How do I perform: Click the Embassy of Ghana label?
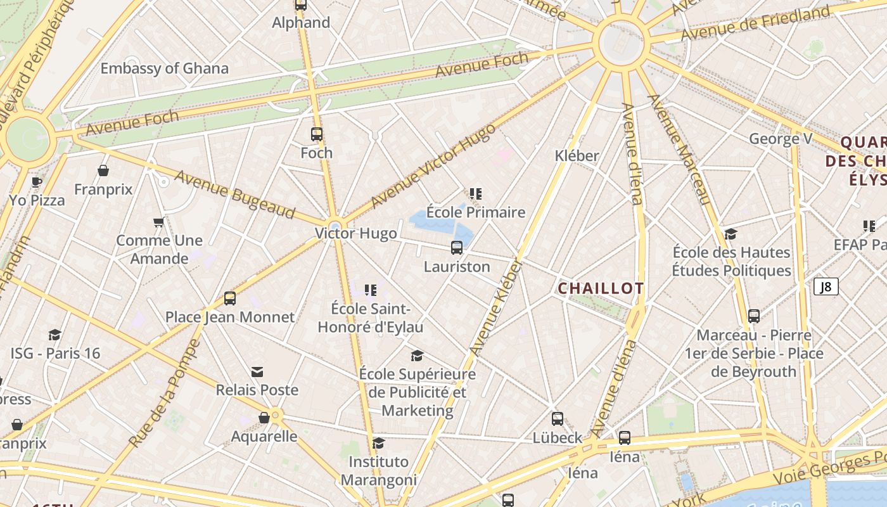(x=164, y=68)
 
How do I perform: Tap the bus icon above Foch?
(x=317, y=134)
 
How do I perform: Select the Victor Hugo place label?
(x=356, y=233)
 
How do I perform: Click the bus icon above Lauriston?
(x=457, y=248)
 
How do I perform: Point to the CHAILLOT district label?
(x=601, y=288)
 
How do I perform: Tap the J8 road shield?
(x=826, y=287)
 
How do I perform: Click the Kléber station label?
(x=577, y=155)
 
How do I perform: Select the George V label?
(x=781, y=139)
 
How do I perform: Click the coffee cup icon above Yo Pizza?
(x=37, y=182)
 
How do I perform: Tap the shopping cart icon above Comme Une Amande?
(x=159, y=222)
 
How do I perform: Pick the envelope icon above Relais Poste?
(x=257, y=371)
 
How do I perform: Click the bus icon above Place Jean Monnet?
(x=230, y=298)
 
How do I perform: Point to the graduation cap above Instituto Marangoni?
(x=379, y=443)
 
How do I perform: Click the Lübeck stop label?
(x=557, y=437)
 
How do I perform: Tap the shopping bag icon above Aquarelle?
(x=264, y=418)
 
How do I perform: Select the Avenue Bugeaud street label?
(x=235, y=194)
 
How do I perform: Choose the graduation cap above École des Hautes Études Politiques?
(x=731, y=234)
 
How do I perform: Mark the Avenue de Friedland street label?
(x=755, y=23)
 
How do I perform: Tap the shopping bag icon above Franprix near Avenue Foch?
(x=103, y=170)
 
